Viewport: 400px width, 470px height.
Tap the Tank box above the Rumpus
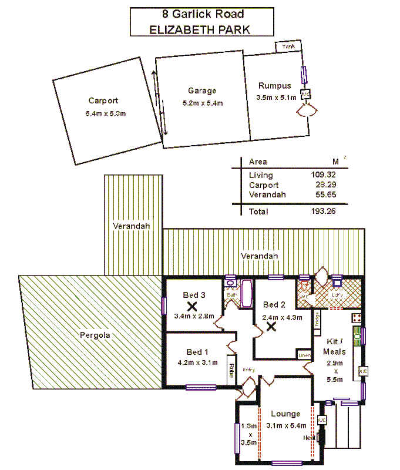coord(288,46)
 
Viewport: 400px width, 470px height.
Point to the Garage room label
coord(202,90)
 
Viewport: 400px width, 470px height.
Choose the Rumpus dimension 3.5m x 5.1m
coord(276,98)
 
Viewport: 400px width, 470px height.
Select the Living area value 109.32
coord(323,175)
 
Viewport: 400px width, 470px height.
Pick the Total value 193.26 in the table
coord(323,211)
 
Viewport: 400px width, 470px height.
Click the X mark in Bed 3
coord(191,305)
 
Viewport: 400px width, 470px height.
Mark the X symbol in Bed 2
coord(271,327)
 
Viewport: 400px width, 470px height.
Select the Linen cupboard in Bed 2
coord(304,355)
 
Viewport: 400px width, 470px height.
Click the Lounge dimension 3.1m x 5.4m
coord(286,426)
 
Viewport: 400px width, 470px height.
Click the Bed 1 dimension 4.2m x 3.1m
coord(197,362)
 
